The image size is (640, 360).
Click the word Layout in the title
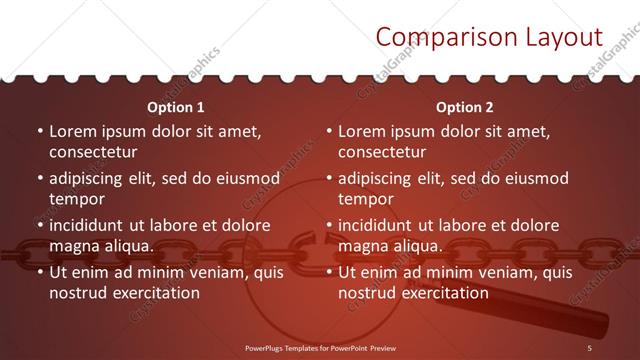[x=565, y=38]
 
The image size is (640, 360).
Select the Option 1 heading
[x=176, y=107]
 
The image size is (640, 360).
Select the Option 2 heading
[x=465, y=107]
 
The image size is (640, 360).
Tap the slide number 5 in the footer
[x=590, y=346]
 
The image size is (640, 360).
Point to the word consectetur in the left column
[x=93, y=152]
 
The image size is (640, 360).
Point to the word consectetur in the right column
[x=382, y=152]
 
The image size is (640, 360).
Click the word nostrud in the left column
[x=77, y=293]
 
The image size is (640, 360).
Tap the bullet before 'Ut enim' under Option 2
[x=329, y=272]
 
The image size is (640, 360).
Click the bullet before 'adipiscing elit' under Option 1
[x=40, y=178]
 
